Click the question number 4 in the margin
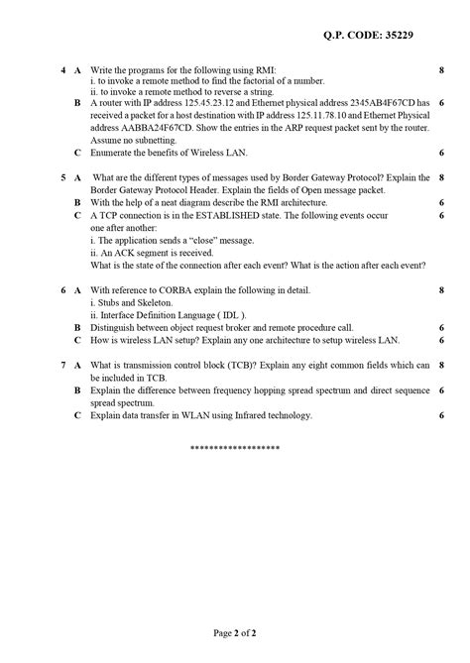pos(62,71)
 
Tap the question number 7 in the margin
pos(62,366)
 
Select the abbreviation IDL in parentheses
pos(231,315)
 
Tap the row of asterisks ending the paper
pos(235,449)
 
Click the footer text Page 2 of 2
pos(235,631)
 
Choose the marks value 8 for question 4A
pos(440,71)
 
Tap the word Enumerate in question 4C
pos(111,153)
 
